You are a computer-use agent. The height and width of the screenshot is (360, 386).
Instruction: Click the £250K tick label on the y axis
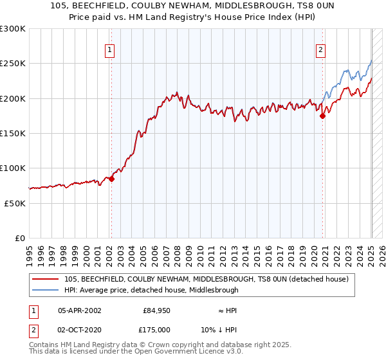tap(13, 64)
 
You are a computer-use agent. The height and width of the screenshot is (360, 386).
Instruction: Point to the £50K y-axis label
tap(15, 203)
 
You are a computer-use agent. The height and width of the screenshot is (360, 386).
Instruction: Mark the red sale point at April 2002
tap(111, 179)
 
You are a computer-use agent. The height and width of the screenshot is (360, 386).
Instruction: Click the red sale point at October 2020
tap(323, 116)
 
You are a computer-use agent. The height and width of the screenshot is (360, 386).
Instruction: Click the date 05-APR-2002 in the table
tap(79, 310)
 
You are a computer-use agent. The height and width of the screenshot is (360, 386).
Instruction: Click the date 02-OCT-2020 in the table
tap(79, 329)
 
